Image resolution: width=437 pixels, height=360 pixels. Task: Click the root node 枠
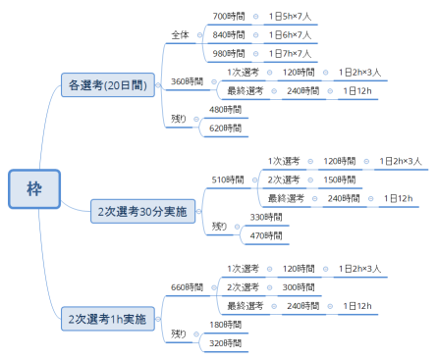pyautogui.click(x=34, y=188)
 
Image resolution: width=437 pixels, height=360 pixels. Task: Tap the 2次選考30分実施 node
pyautogui.click(x=146, y=211)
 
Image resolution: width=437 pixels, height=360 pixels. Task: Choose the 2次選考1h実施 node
pyautogui.click(x=107, y=319)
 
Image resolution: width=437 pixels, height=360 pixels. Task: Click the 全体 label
pyautogui.click(x=180, y=34)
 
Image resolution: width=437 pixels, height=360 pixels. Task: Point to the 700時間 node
pyautogui.click(x=228, y=17)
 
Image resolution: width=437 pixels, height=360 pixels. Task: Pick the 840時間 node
pyautogui.click(x=228, y=35)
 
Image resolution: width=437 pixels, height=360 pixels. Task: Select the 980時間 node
pyautogui.click(x=228, y=53)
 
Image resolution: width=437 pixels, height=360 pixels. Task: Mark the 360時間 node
pyautogui.click(x=187, y=80)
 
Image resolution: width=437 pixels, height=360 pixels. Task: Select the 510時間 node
pyautogui.click(x=228, y=180)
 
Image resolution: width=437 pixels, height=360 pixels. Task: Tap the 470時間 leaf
pyautogui.click(x=266, y=234)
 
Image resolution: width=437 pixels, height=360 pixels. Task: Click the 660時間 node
pyautogui.click(x=187, y=286)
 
